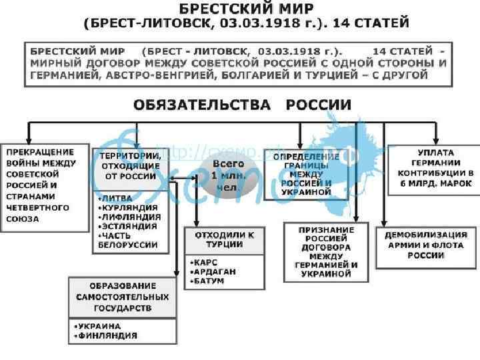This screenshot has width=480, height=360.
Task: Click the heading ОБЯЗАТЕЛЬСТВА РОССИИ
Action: click(x=242, y=105)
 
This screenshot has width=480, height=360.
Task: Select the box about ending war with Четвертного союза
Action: click(x=45, y=186)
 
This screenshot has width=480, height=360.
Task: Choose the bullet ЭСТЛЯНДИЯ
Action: click(x=127, y=226)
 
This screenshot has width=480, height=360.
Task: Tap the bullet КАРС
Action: click(x=204, y=262)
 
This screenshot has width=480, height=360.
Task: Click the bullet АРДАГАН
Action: click(x=212, y=271)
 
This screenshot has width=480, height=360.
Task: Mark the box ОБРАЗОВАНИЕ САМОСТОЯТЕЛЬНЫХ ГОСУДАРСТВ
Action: click(x=122, y=297)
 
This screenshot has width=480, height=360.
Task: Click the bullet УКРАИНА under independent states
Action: click(x=99, y=326)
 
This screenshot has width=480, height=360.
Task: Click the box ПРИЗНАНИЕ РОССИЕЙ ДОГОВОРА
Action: click(x=327, y=251)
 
